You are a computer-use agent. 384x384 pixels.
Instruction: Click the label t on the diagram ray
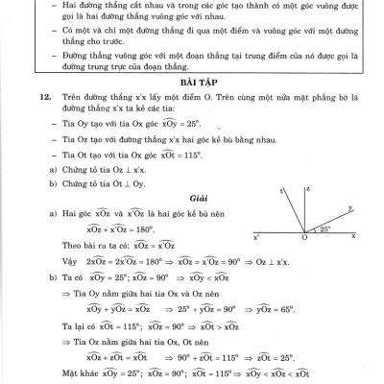click(x=280, y=191)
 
